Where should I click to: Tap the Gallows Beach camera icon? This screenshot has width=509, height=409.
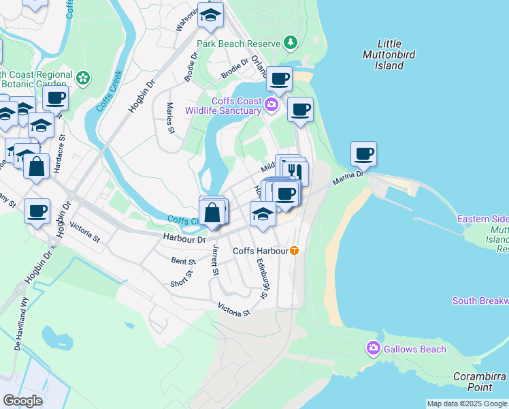point(373,348)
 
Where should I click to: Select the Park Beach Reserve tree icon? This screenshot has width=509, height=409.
point(291,43)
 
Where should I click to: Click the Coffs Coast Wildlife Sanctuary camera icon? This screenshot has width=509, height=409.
point(272,105)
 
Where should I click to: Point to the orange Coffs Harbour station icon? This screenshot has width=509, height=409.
point(294,250)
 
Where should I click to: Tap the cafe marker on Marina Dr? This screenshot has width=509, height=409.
point(364,154)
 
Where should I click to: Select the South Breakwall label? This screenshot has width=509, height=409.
point(480,301)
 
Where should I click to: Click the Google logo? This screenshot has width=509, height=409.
point(22,400)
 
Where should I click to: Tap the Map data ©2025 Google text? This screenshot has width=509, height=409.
point(466,404)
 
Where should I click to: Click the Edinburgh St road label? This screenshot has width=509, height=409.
point(263,277)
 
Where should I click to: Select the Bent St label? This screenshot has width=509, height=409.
point(183,261)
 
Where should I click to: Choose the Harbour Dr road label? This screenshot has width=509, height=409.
point(184,239)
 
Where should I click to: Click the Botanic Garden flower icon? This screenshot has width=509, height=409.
point(83,78)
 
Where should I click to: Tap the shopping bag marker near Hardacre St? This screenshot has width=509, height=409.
point(37,164)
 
